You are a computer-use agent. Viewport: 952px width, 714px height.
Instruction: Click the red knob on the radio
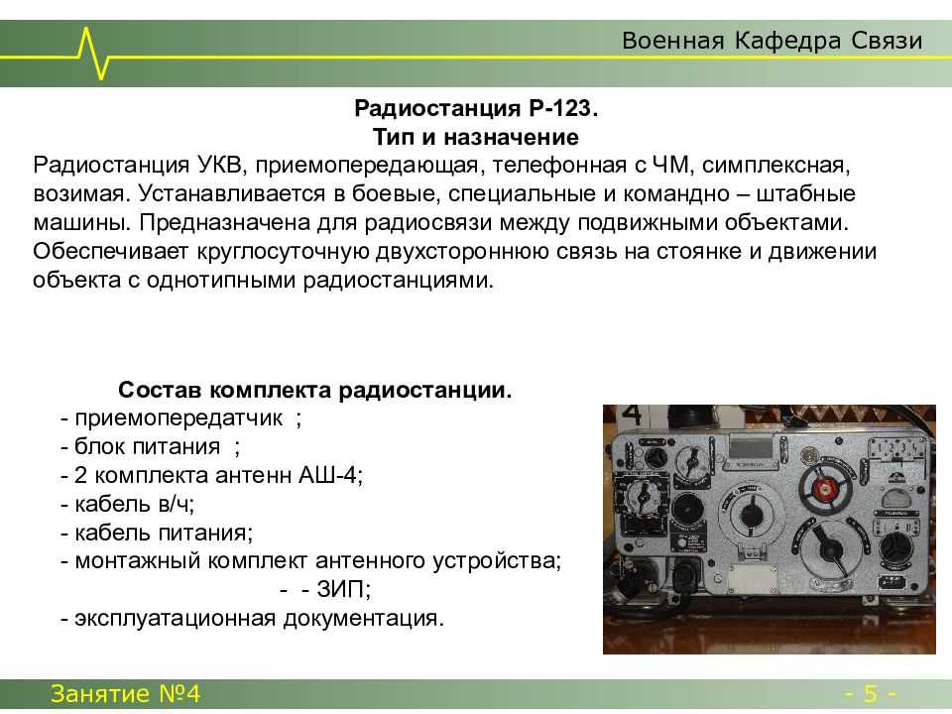coord(824,489)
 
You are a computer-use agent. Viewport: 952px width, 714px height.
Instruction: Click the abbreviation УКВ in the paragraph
coord(220,166)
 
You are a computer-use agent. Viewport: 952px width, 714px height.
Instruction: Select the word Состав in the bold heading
coord(161,390)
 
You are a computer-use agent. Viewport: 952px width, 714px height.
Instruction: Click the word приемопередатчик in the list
coord(178,418)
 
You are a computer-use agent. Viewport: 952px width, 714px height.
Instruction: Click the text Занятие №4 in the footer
coord(125,693)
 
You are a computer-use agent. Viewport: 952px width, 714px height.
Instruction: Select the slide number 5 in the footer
coord(871,693)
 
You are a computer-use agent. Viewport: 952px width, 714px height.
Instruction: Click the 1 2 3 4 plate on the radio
coord(896,448)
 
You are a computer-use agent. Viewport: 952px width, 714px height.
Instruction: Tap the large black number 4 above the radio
coord(631,414)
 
